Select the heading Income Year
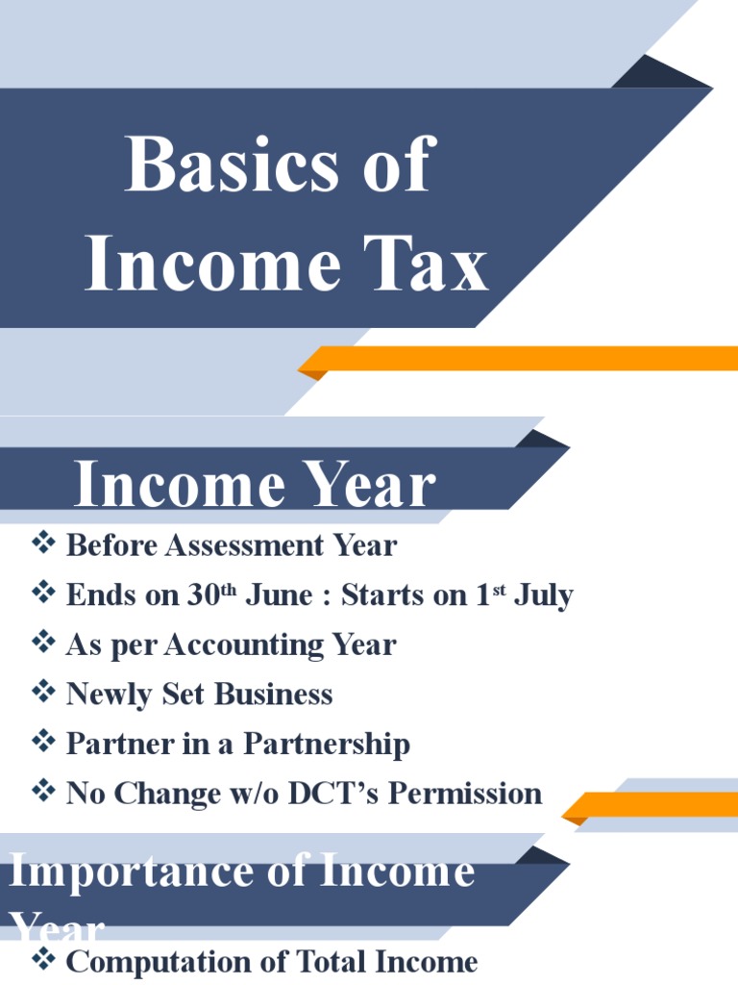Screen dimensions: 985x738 [255, 486]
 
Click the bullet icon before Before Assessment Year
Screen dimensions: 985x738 [43, 544]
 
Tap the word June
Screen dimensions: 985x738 [278, 595]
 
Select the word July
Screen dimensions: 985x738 [543, 595]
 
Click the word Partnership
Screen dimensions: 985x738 [326, 745]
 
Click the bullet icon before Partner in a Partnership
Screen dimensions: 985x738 [43, 743]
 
